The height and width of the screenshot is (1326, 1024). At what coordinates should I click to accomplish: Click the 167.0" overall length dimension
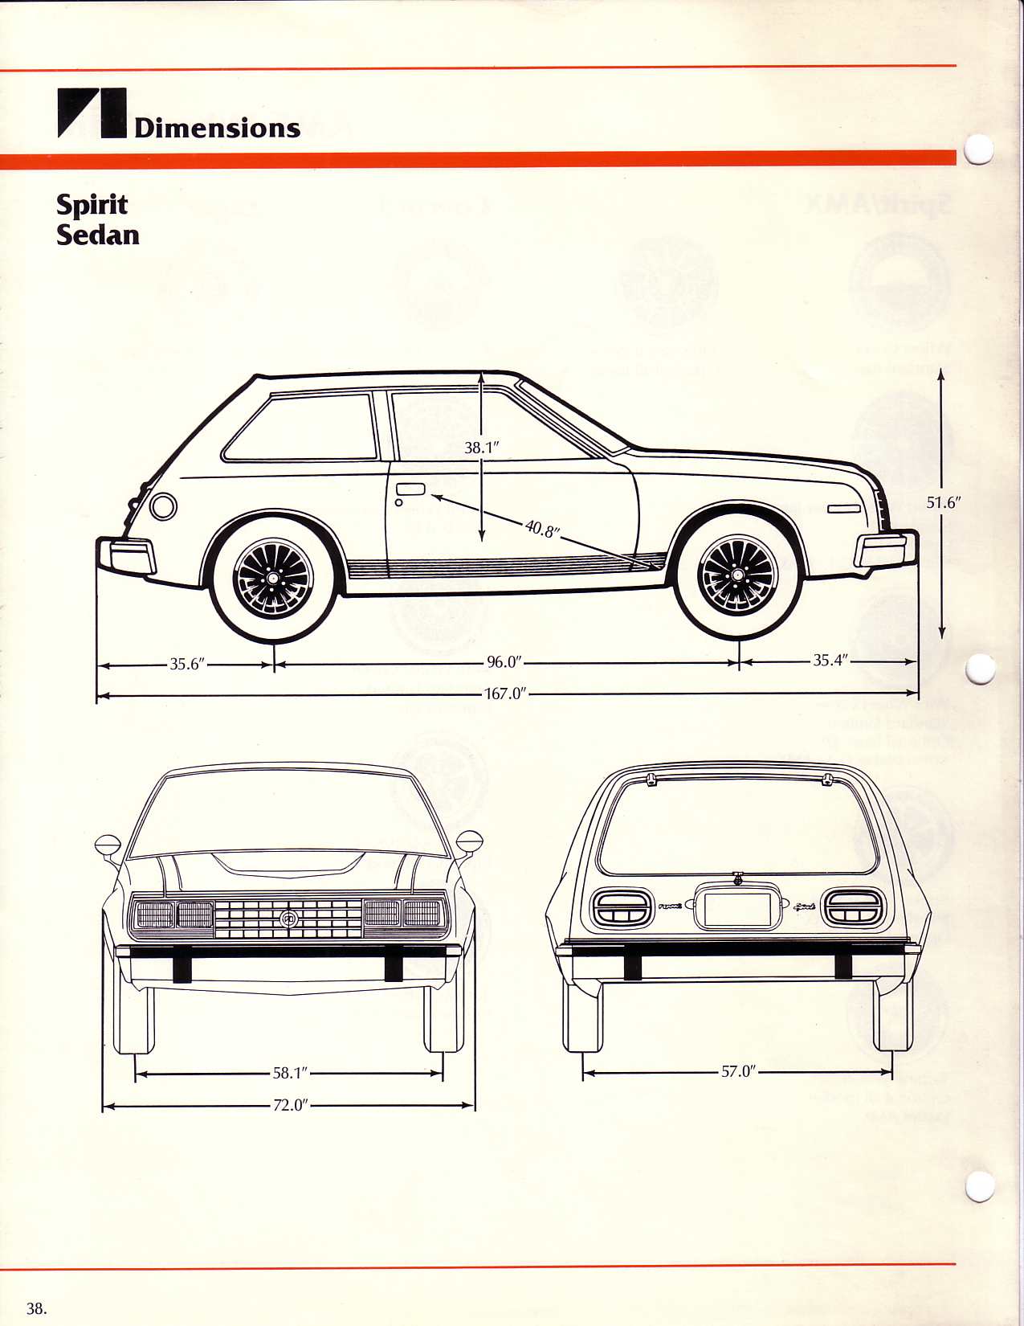click(504, 694)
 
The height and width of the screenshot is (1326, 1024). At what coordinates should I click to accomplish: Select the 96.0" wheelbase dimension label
click(504, 662)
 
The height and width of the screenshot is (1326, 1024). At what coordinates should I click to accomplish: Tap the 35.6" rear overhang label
click(187, 664)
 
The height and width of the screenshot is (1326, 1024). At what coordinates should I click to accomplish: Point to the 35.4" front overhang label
click(830, 661)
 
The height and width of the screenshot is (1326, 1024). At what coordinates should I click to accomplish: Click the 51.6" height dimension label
click(943, 503)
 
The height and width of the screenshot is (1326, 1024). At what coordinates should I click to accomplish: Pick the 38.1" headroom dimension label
click(482, 448)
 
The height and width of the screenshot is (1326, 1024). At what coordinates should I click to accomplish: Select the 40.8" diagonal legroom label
click(543, 529)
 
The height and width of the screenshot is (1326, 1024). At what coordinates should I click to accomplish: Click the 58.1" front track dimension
click(290, 1073)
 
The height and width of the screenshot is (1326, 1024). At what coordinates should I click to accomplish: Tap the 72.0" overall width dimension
click(290, 1105)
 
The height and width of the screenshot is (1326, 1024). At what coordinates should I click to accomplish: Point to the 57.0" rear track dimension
click(738, 1071)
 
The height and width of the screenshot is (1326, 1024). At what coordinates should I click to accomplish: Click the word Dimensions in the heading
click(217, 128)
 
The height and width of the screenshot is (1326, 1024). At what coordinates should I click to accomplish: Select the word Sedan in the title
click(98, 235)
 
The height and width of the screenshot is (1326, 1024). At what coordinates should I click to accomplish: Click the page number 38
click(37, 1308)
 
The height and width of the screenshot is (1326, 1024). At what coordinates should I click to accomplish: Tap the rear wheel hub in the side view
click(273, 579)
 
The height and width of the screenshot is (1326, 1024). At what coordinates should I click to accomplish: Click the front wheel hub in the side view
click(737, 575)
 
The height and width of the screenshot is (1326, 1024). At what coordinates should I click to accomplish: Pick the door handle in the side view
click(410, 489)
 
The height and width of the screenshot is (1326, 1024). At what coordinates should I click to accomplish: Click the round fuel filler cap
click(163, 506)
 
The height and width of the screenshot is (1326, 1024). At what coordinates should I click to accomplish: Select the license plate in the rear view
click(737, 907)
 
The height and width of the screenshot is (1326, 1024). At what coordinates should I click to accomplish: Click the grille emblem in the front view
click(288, 918)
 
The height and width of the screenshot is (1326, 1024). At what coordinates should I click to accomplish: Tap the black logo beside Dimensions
click(92, 113)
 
